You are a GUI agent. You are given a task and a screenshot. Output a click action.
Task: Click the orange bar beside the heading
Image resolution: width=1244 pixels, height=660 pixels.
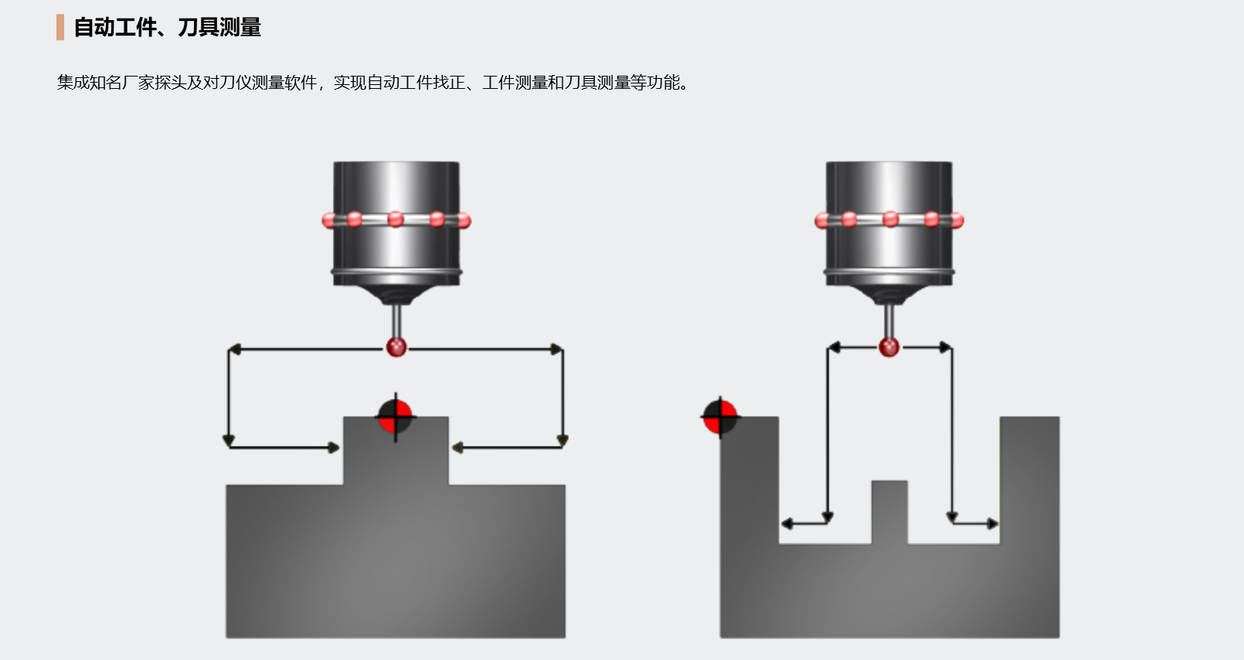coord(60,27)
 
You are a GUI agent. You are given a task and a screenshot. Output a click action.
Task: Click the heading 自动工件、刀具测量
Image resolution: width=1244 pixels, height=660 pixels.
coord(168,27)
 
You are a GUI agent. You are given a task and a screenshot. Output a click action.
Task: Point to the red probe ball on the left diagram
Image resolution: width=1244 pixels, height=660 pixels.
coord(396,347)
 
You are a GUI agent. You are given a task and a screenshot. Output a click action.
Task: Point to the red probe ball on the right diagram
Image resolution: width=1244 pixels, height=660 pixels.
coord(889,347)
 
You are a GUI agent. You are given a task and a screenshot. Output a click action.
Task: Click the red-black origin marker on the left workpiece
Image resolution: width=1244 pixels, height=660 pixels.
coord(396,417)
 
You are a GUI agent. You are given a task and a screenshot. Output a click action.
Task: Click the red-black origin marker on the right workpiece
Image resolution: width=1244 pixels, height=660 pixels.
coord(720,417)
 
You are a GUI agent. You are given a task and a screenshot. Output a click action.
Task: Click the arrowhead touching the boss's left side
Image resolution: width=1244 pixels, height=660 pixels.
coord(334,447)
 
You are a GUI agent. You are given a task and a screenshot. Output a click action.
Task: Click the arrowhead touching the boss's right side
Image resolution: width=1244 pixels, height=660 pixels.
coord(457,447)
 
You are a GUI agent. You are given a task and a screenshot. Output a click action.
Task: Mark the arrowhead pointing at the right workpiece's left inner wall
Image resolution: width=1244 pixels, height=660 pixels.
coord(787,523)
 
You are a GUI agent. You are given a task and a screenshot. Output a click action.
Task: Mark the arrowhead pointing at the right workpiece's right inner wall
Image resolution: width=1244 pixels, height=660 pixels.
coord(993,523)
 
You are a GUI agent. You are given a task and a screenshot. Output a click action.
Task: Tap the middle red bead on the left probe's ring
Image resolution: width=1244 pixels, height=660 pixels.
coord(396,219)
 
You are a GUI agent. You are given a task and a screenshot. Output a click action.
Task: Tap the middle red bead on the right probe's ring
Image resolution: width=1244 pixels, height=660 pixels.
coord(890,219)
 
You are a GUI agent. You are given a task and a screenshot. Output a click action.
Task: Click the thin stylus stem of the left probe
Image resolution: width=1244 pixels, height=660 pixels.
coord(396,321)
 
